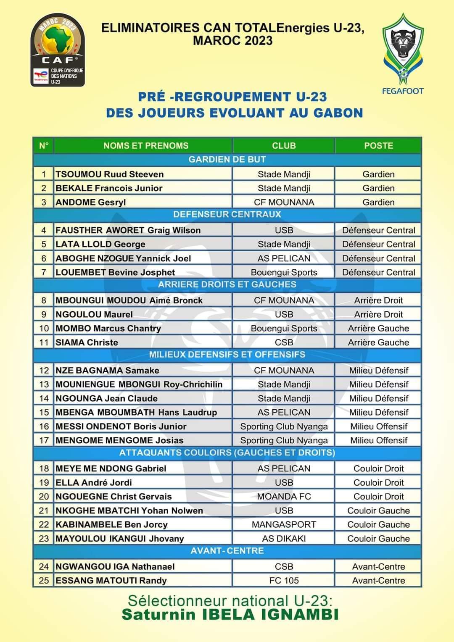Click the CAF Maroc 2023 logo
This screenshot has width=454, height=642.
[58, 50]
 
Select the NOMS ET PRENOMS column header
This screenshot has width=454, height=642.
[146, 146]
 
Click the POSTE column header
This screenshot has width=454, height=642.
[378, 146]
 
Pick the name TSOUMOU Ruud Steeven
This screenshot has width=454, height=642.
[110, 174]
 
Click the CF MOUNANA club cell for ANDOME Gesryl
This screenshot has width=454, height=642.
[284, 202]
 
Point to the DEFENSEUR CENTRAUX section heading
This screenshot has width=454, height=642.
[227, 215]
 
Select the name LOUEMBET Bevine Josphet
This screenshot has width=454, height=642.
[115, 272]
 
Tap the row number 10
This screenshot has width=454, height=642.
[44, 328]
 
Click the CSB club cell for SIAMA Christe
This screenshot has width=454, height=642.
[284, 342]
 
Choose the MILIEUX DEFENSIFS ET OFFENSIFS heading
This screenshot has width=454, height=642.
[227, 355]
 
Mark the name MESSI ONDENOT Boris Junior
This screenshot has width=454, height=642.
[121, 426]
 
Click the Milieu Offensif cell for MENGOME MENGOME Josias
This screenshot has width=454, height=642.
[378, 440]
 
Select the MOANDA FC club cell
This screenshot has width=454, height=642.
[284, 497]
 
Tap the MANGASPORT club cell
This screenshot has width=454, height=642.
[284, 524]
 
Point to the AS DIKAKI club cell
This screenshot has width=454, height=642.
[284, 539]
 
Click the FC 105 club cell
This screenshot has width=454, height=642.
[284, 581]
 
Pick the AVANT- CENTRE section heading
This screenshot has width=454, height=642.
[227, 551]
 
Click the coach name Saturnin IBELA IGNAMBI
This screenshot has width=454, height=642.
[230, 615]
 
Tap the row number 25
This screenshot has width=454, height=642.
[44, 581]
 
